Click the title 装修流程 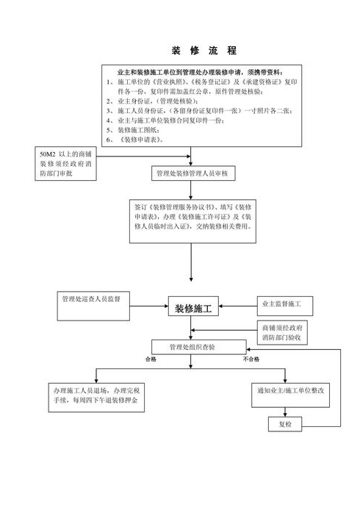point(192,51)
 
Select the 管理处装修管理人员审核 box point(192,174)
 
